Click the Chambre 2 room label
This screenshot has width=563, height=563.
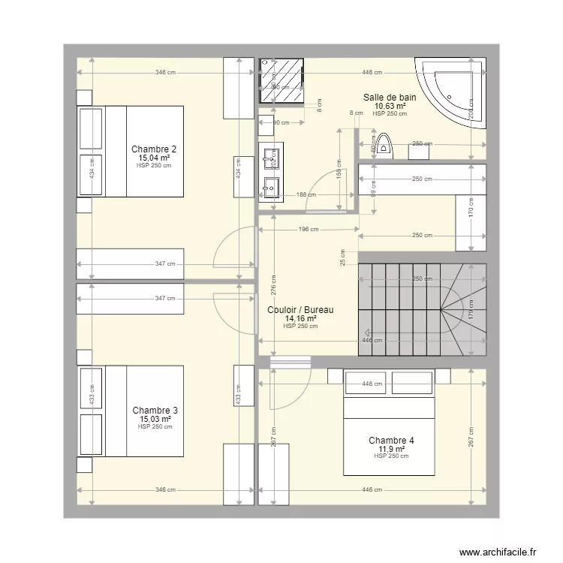coord(154,149)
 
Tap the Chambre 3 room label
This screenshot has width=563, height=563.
coord(155,410)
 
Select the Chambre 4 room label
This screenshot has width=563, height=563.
coord(391,440)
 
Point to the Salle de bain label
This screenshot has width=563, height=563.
coord(390,97)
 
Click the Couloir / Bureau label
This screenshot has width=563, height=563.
coord(300,309)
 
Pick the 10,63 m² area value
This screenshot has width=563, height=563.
coord(390,106)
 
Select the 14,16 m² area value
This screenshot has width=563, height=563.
coord(300,318)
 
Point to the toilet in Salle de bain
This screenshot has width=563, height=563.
coord(385,145)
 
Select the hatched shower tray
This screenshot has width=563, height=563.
coord(282,81)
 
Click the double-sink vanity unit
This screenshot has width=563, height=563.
coord(271,173)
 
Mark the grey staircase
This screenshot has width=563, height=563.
coord(422,300)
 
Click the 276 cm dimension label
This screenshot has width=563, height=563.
coord(273,285)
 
